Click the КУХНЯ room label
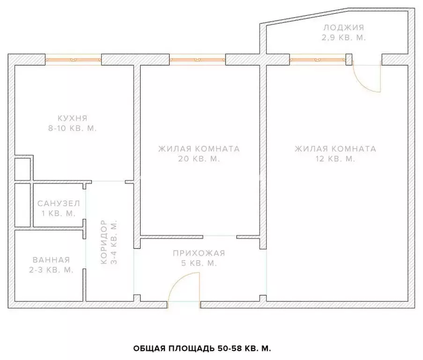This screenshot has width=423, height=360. click(x=72, y=118)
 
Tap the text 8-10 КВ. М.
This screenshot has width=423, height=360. click(x=72, y=128)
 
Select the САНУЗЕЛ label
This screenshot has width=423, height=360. click(x=59, y=203)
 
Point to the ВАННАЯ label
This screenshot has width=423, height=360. click(x=51, y=260)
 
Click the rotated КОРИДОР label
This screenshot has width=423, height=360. click(x=104, y=242)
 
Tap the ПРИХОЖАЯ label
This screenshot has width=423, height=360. click(x=199, y=253)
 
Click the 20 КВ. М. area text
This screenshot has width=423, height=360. click(x=199, y=159)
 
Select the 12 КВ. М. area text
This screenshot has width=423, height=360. click(x=335, y=159)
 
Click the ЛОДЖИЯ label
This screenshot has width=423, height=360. click(x=344, y=28)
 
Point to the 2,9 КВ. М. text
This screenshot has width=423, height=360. click(x=344, y=37)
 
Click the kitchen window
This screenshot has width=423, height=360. click(x=73, y=60)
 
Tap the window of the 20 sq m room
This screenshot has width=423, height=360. click(x=198, y=60)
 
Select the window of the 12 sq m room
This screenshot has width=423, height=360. click(x=318, y=60)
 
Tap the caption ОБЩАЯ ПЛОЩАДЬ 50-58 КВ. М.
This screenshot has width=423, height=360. click(x=202, y=348)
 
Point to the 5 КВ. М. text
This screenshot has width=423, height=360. click(x=199, y=263)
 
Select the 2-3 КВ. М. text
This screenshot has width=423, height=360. click(x=51, y=270)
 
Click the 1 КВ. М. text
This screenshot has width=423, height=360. click(x=59, y=213)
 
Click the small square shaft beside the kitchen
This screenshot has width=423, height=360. click(x=22, y=169)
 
